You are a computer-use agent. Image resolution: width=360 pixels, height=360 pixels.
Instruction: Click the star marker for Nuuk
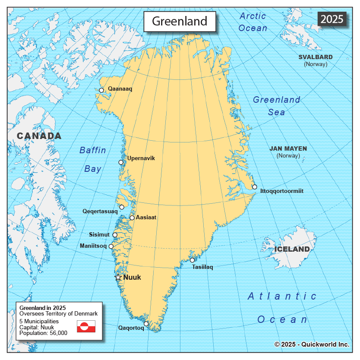click(x=118, y=277)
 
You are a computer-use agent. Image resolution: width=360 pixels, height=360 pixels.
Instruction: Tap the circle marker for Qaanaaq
click(x=101, y=90)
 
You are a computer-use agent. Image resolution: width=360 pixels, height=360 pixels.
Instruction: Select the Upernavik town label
click(x=141, y=158)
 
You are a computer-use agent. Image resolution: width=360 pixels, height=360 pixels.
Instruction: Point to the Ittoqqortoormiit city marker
click(x=255, y=187)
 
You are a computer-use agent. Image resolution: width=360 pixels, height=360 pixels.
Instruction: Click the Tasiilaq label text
click(x=202, y=267)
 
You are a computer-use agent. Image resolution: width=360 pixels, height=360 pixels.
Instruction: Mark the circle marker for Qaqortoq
click(x=146, y=324)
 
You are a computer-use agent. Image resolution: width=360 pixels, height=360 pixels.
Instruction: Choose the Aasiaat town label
click(x=146, y=218)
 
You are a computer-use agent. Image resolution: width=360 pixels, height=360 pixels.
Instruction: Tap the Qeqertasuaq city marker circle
click(x=122, y=207)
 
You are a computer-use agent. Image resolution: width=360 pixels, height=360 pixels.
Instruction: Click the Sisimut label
click(x=99, y=235)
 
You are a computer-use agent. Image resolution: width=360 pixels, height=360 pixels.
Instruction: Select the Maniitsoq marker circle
click(x=111, y=246)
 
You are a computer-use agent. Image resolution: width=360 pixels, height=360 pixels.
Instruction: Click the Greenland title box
click(x=180, y=21)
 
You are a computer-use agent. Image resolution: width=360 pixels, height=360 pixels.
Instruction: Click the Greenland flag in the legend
click(x=86, y=326)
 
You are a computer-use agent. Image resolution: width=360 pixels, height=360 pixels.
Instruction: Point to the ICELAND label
click(x=292, y=249)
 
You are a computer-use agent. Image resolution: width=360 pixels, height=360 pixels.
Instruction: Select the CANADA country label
click(x=39, y=136)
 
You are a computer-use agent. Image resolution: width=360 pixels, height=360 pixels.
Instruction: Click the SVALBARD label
click(x=316, y=57)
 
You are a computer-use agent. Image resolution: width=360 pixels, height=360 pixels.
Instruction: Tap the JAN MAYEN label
click(x=288, y=148)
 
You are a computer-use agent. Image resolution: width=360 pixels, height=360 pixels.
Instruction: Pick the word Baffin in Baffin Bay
click(x=92, y=150)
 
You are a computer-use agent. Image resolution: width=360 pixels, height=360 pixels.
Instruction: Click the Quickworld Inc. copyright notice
click(x=312, y=344)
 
